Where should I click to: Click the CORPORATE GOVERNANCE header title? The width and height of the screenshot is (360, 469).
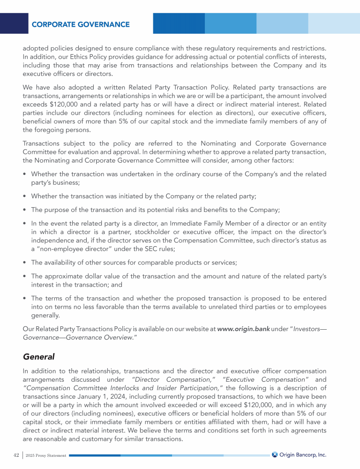pyautogui.click(x=81, y=24)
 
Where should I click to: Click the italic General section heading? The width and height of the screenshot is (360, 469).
pyautogui.click(x=38, y=357)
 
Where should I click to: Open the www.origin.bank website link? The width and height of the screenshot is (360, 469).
pyautogui.click(x=243, y=329)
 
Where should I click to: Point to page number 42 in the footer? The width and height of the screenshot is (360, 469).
pyautogui.click(x=16, y=455)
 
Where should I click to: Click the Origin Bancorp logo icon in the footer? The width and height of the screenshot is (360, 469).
pyautogui.click(x=275, y=454)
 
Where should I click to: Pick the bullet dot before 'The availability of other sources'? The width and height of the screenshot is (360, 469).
pyautogui.click(x=24, y=263)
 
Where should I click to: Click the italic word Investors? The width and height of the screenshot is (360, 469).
pyautogui.click(x=307, y=329)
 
